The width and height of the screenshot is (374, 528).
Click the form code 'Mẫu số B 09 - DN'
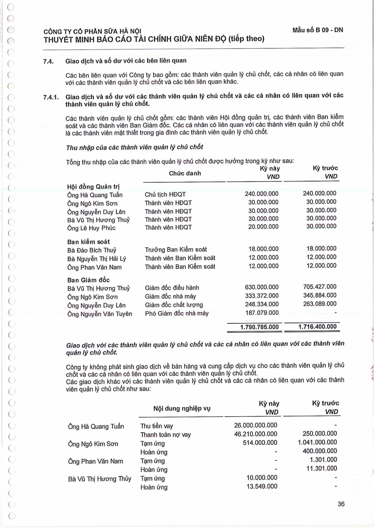pos(317,30)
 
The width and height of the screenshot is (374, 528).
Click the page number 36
pos(341,504)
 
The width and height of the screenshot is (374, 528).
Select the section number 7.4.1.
pos(51,97)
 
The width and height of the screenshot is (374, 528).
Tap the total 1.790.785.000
pos(259,327)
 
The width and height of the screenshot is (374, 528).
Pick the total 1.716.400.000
pos(317,327)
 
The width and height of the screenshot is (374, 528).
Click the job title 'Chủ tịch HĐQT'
pos(165,194)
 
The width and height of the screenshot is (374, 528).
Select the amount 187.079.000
pos(262,313)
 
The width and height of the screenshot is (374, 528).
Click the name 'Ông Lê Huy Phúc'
pos(91,228)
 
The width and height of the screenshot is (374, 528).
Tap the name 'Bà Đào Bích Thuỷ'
pos(92,250)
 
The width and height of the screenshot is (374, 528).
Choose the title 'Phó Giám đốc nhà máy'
pos(177,313)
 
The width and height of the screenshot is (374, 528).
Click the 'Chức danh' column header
pos(185,173)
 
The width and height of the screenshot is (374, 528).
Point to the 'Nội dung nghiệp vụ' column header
pos(182,408)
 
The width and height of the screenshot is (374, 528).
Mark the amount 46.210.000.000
pos(255,434)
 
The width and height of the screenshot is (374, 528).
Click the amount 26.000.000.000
pos(255,425)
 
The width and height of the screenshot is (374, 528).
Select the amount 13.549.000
pos(262,486)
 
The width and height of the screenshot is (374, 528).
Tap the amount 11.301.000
pos(321,468)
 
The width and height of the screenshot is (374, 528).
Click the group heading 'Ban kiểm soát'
pos(88,242)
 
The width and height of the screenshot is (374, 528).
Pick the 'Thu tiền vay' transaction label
pos(156,426)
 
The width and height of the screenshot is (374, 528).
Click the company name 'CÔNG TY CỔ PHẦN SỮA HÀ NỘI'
pos(92,31)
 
